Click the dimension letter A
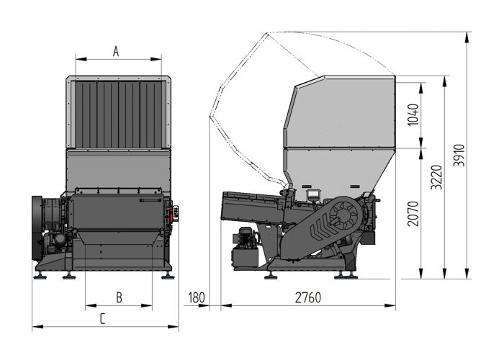coord(116,51)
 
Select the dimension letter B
coord(119,297)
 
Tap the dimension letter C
coord(102,319)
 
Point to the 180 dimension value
coord(196,297)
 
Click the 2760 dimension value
coord(308,297)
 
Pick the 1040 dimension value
coord(413,114)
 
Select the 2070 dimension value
coord(413,214)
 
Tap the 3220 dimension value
coord(437,177)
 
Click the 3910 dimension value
coord(459,155)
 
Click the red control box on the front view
coord(175,214)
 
